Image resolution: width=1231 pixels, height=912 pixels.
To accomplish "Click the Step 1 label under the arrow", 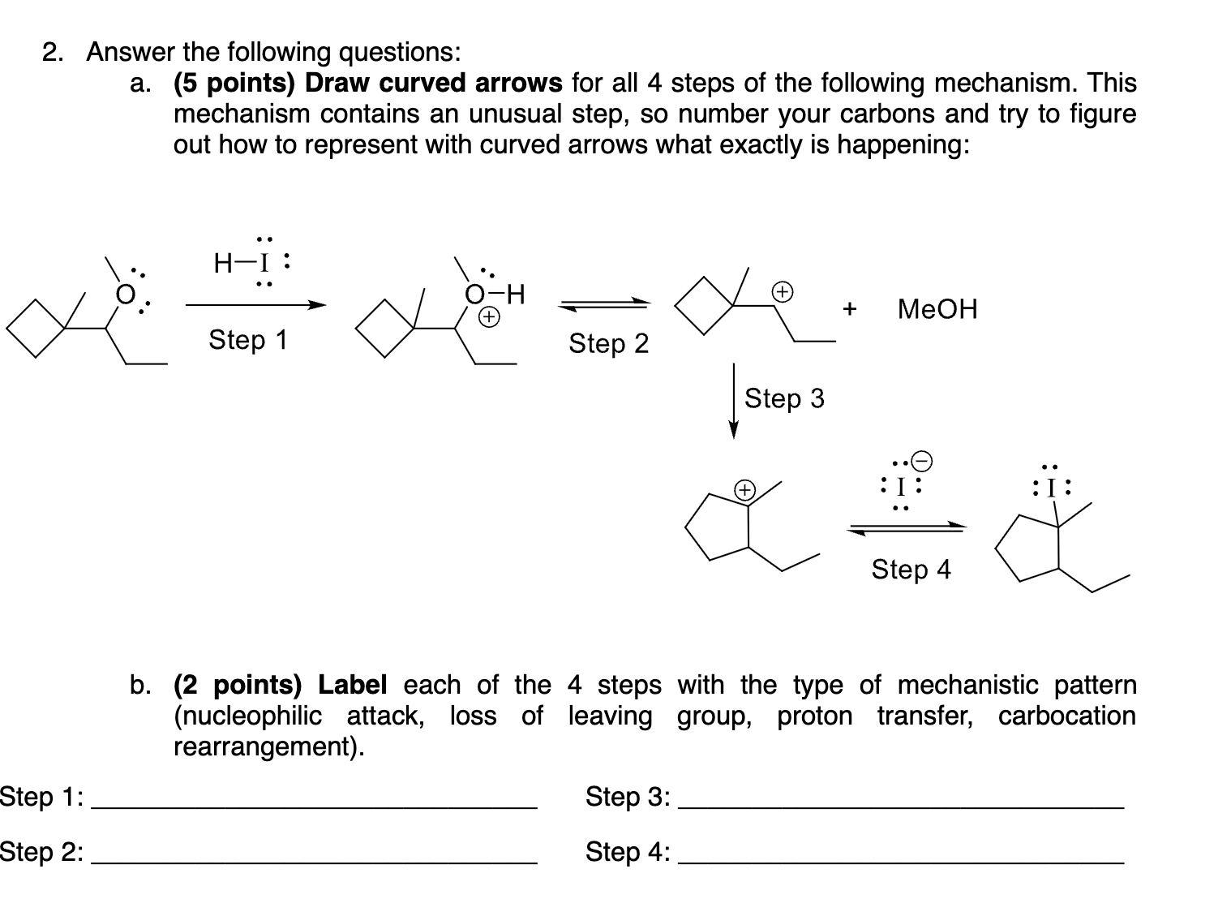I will click(x=248, y=340).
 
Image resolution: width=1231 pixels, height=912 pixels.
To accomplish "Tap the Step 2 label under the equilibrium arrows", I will click(x=608, y=344).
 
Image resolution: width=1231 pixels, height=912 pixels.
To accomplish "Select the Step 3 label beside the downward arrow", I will click(x=783, y=398).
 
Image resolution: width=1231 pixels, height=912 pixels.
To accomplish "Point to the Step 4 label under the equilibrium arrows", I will click(x=911, y=570).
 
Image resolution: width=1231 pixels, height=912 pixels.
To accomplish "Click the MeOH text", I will click(x=937, y=309).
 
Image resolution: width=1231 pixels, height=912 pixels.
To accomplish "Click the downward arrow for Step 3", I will click(x=733, y=401).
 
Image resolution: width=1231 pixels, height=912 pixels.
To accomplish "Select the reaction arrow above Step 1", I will click(x=255, y=306).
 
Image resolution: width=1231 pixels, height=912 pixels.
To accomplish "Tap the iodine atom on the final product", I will click(x=1051, y=488).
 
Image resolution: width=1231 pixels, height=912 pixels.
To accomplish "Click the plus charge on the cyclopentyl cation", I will click(x=744, y=490).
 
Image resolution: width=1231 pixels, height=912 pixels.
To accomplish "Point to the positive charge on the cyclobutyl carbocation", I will click(x=782, y=290).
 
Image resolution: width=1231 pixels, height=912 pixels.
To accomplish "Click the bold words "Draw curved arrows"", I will click(x=433, y=83).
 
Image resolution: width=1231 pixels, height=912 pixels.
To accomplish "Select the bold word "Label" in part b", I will click(x=352, y=686).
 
